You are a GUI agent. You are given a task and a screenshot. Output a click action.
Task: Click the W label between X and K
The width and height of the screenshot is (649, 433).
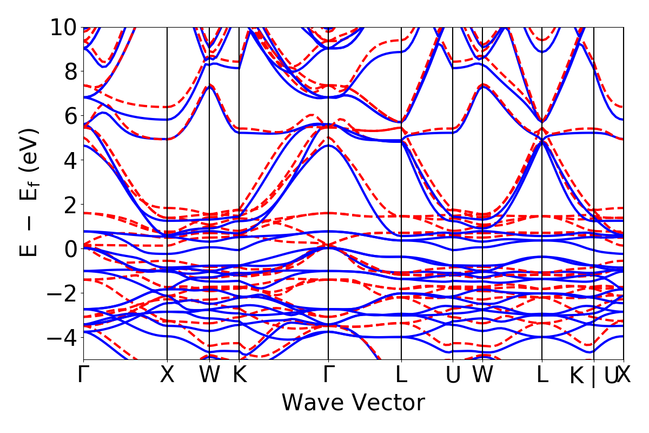pos(209,375)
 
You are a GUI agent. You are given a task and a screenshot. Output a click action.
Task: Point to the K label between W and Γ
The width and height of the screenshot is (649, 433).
pos(239,375)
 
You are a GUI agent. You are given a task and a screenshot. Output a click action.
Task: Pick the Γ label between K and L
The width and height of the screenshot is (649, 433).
pos(328,375)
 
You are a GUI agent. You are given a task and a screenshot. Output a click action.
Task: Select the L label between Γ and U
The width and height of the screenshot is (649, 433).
pos(401,375)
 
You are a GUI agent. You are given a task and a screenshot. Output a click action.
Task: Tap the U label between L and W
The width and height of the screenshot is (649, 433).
pos(452,375)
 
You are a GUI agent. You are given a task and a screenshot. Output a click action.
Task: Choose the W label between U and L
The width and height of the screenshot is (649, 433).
pos(482,375)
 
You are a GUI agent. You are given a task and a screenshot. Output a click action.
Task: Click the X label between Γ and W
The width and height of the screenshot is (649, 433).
pos(167,375)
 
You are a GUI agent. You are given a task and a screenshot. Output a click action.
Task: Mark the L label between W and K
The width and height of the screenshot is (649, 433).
pos(542,375)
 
